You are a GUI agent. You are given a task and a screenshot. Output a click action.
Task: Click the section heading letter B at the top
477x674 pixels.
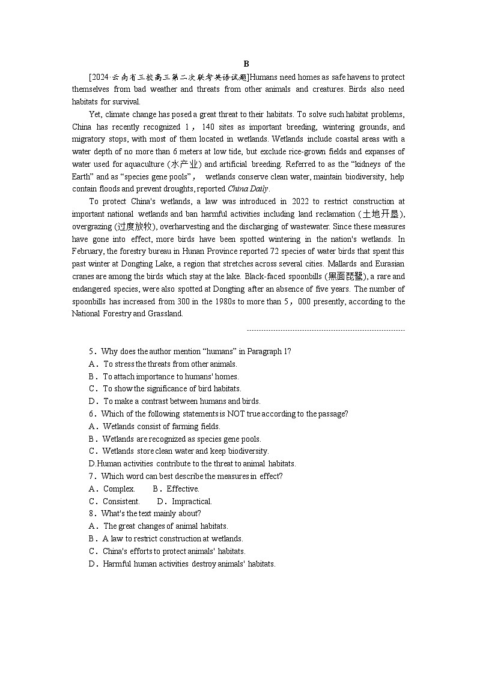coord(246,64)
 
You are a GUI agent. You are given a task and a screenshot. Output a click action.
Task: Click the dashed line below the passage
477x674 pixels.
coord(326,330)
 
